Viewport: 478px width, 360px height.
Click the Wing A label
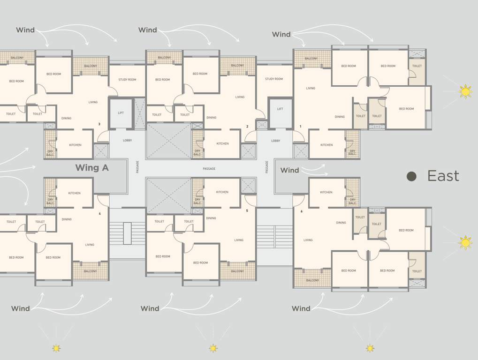tap(92, 168)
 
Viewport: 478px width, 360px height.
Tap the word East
tap(443, 176)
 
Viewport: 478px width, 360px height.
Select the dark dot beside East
tap(411, 176)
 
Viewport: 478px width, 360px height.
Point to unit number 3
tap(99, 124)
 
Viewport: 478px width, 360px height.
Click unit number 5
tap(247, 210)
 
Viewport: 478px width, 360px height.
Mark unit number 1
tap(300, 127)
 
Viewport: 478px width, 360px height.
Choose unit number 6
tap(302, 211)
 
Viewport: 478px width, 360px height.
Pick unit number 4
tap(99, 214)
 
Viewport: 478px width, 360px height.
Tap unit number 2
tap(247, 127)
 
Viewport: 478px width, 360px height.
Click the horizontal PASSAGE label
tap(209, 169)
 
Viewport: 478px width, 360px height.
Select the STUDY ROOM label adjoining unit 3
tap(127, 80)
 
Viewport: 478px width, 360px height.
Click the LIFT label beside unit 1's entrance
tap(280, 109)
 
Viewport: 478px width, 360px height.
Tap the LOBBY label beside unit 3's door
tap(127, 140)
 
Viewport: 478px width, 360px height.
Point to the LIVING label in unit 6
tap(308, 240)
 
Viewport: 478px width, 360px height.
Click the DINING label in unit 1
tap(340, 117)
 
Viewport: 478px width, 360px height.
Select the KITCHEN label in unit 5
tap(222, 192)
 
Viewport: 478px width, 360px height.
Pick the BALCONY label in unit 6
tap(312, 280)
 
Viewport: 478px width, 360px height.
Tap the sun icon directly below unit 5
tap(213, 348)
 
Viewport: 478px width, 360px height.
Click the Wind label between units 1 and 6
tap(289, 171)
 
